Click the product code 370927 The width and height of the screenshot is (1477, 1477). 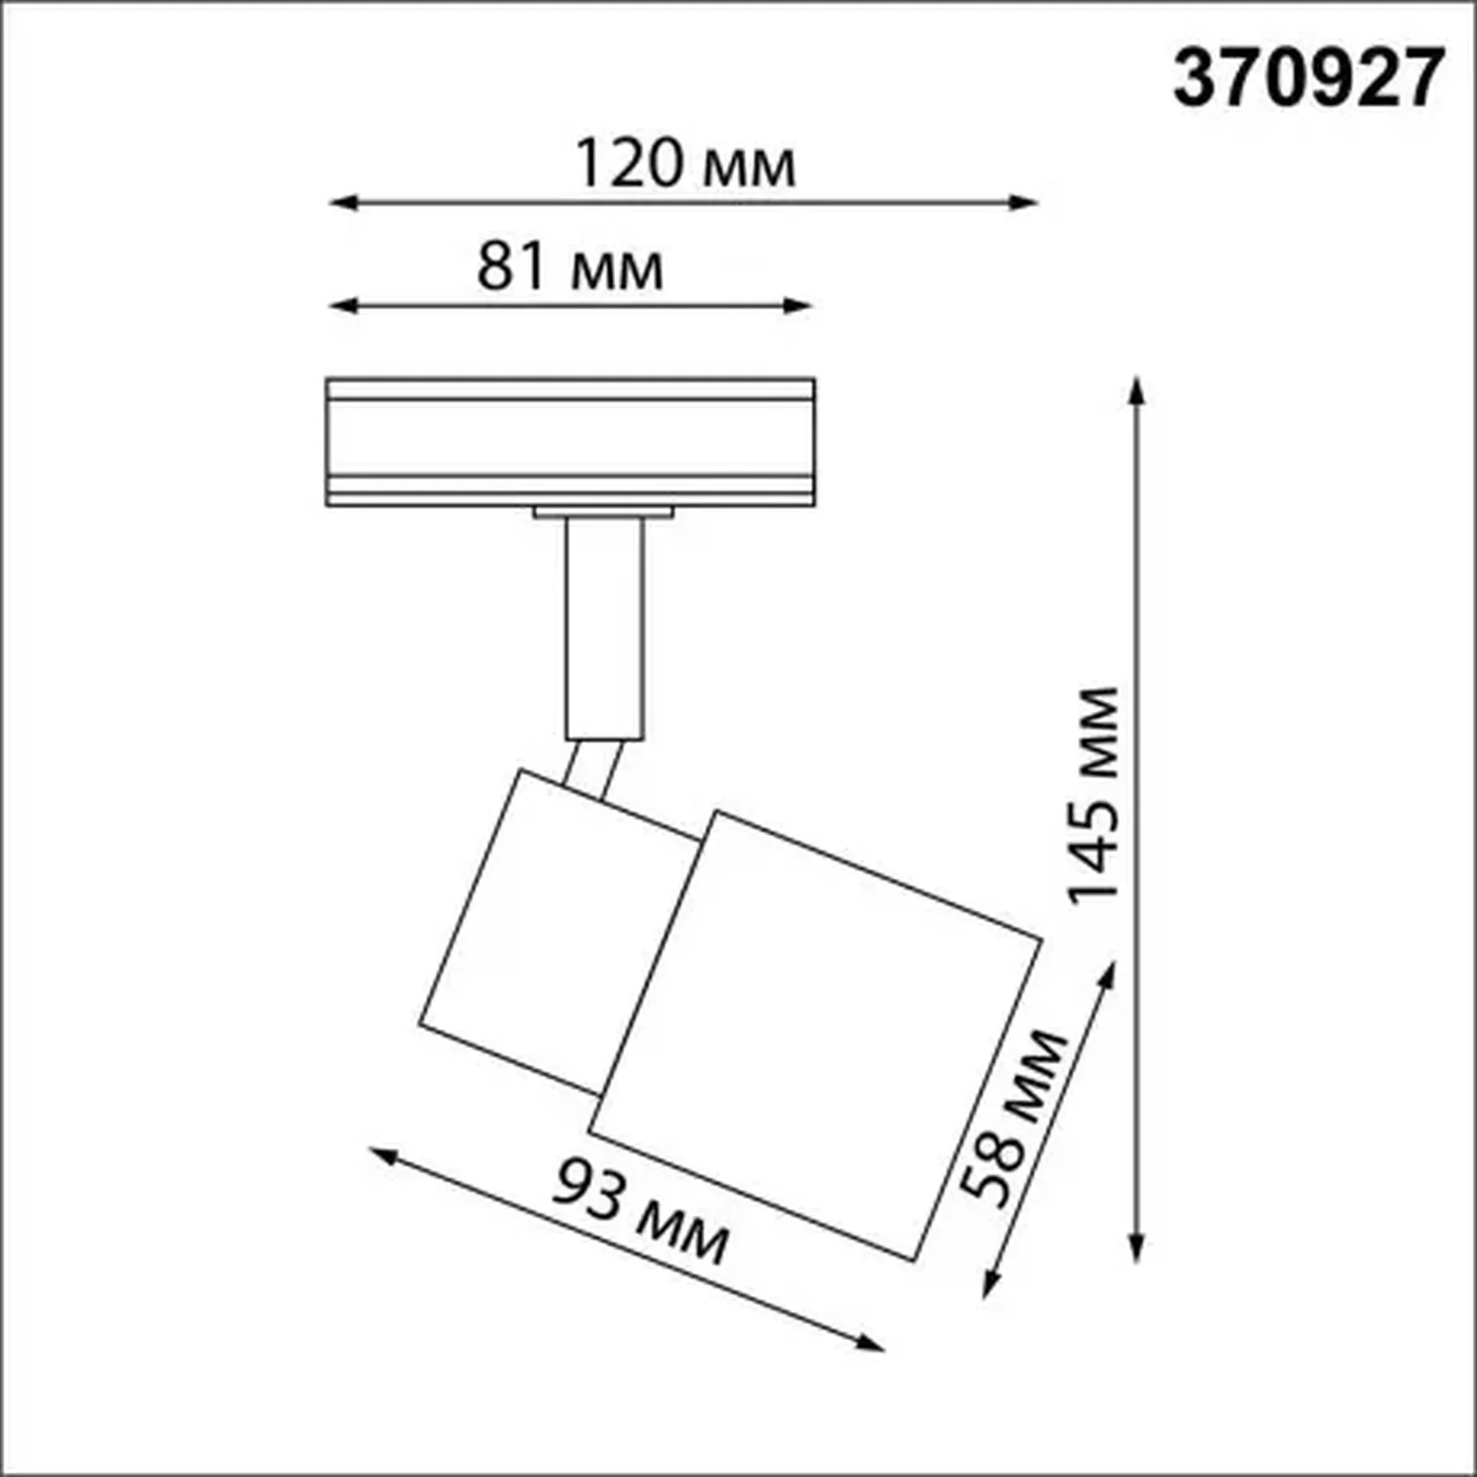(x=1308, y=79)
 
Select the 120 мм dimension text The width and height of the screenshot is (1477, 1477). (x=684, y=164)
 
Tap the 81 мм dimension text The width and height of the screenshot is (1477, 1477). (x=569, y=267)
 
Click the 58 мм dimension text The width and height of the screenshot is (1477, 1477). (x=1012, y=1117)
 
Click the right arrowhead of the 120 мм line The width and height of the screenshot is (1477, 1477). (x=1025, y=204)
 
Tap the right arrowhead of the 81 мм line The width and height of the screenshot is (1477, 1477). (x=799, y=305)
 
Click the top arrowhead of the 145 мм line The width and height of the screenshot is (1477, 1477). (x=1137, y=391)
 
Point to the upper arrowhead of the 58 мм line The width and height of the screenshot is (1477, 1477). (x=1109, y=975)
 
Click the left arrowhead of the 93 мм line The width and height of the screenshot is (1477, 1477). (x=383, y=1156)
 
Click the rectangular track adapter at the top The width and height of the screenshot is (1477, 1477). (x=570, y=441)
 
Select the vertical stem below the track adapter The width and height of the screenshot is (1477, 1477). (x=605, y=627)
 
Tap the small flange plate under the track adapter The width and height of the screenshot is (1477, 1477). (x=603, y=513)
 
